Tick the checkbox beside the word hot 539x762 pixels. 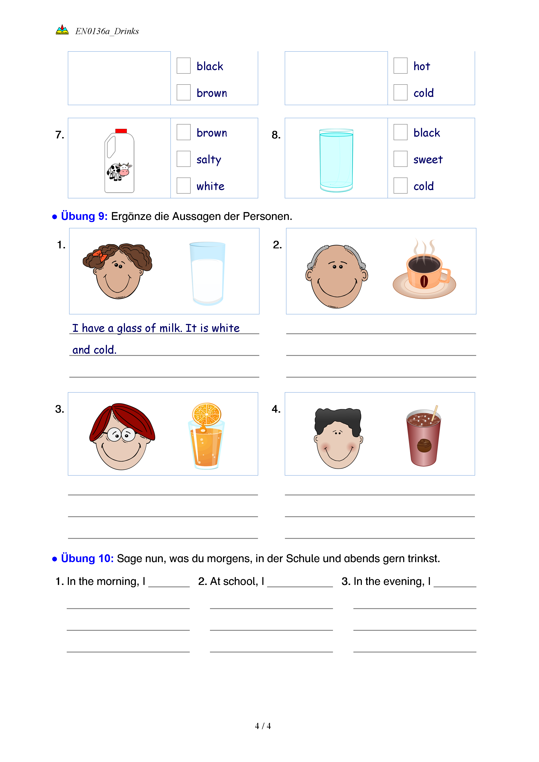click(x=400, y=66)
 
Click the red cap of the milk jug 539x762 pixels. click(x=121, y=131)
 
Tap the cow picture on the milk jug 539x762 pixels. click(x=119, y=171)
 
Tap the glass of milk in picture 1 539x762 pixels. click(x=207, y=274)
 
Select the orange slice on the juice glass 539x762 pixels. click(x=206, y=414)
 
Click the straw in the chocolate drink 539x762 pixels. click(x=434, y=412)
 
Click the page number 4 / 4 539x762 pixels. click(x=263, y=726)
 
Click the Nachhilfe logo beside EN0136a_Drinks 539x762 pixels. click(x=62, y=30)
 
